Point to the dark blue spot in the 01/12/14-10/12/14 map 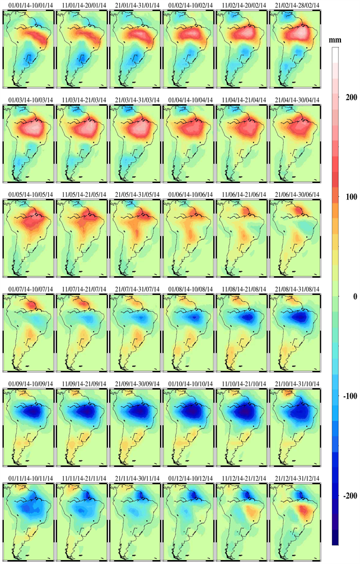(x=194, y=496)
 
